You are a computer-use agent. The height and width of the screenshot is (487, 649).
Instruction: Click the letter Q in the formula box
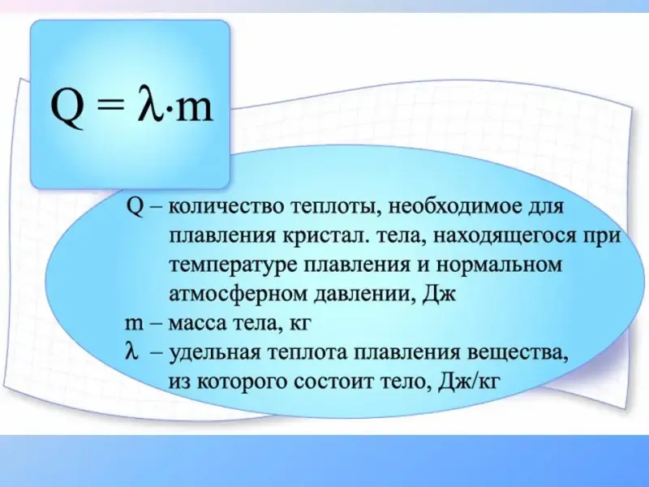[x=67, y=109]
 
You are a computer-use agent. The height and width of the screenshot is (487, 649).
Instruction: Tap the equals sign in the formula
[x=110, y=108]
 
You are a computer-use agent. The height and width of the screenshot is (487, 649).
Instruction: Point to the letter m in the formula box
[x=194, y=110]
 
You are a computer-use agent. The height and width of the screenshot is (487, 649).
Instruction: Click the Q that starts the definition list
[x=135, y=206]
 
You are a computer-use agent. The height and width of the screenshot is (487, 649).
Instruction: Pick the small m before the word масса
[x=134, y=324]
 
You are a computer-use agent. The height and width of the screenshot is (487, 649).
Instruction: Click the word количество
[x=224, y=206]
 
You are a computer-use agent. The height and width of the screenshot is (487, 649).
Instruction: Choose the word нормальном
[x=500, y=265]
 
